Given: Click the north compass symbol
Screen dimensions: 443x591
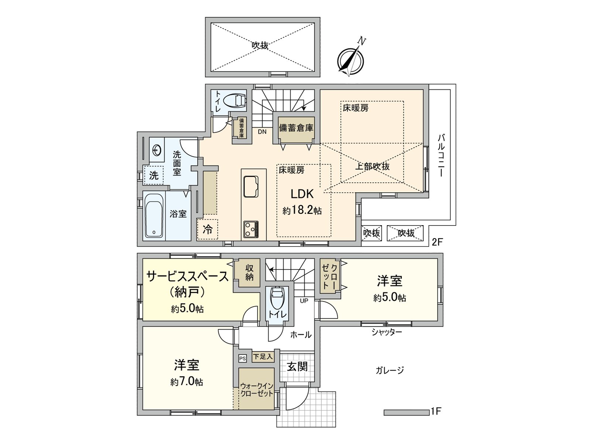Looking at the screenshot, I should click(351, 60).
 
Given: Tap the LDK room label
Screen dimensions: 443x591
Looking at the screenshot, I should click(302, 194).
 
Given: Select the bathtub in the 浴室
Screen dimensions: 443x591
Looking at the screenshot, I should click(154, 216).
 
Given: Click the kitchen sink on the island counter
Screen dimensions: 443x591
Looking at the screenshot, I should click(251, 186).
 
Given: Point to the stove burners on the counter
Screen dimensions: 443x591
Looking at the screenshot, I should click(251, 229).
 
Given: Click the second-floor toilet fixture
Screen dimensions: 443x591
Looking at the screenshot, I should click(235, 100).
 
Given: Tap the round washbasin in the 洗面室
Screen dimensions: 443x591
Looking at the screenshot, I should click(157, 150).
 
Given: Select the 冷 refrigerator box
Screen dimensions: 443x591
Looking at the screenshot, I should click(207, 229).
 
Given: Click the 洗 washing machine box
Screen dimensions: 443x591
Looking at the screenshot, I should click(154, 175).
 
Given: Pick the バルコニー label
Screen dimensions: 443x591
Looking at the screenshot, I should click(441, 155).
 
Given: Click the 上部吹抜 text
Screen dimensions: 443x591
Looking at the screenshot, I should click(372, 166).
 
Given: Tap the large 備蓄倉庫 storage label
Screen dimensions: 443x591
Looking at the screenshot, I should click(296, 128).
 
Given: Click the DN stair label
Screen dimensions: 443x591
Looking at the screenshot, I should click(262, 132).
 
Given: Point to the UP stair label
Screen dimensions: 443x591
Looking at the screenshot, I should click(304, 301).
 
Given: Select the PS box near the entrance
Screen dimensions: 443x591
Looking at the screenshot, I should click(242, 358).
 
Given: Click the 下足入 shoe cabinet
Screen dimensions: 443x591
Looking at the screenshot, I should click(263, 357).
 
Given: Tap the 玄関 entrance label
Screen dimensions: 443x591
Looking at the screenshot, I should click(297, 367).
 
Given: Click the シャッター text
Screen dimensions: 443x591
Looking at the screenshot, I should click(386, 332).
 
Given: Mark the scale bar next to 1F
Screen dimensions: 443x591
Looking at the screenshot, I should click(406, 412).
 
